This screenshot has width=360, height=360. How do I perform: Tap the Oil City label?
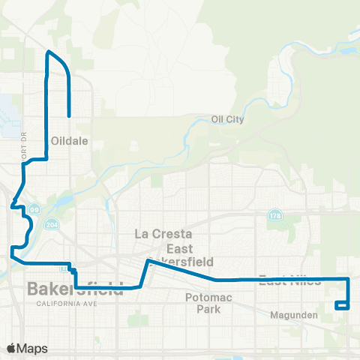[x=228, y=118]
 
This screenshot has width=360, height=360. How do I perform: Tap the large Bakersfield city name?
[x=75, y=289]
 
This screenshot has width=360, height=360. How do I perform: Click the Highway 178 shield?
[x=274, y=215]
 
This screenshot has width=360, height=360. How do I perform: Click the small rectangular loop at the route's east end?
[x=342, y=304]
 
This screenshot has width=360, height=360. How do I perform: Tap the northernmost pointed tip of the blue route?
[x=49, y=52]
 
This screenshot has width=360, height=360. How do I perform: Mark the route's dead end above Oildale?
[x=69, y=116]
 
